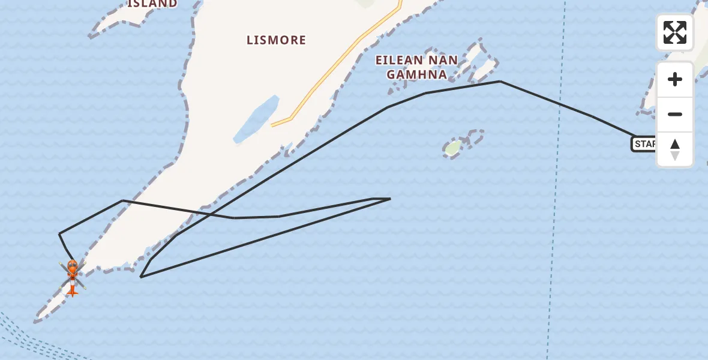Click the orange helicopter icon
tap(72, 275)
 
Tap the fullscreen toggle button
tap(674, 32)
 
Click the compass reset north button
tap(674, 149)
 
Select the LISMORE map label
tap(276, 40)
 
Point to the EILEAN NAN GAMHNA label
tap(416, 67)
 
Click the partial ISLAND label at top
tap(152, 4)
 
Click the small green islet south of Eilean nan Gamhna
tap(454, 146)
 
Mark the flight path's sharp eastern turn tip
tap(390, 199)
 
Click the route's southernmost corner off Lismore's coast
tap(140, 277)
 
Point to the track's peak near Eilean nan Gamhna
tap(500, 82)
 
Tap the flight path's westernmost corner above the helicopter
tap(59, 233)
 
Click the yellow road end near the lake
tap(272, 125)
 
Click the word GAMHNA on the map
tap(416, 74)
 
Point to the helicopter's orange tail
tap(72, 291)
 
